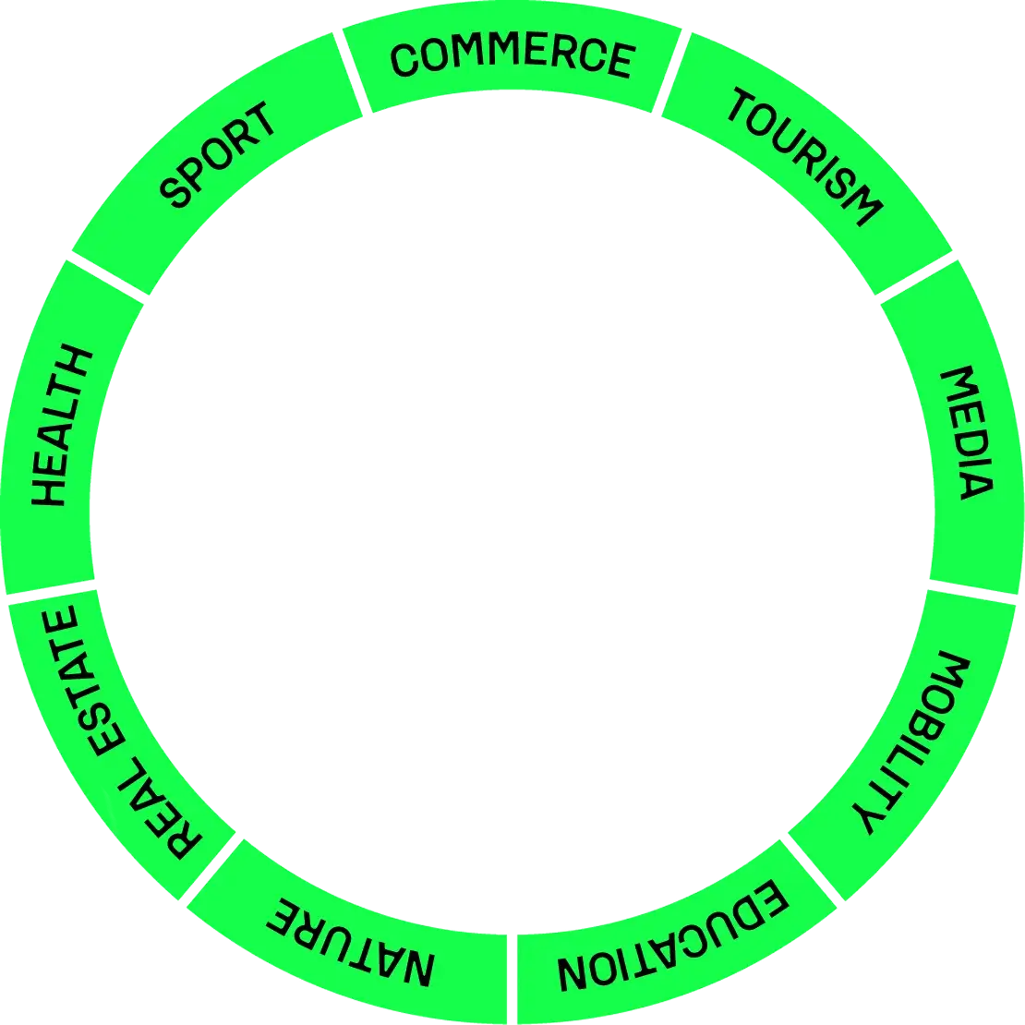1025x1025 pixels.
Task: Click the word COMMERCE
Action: point(512,57)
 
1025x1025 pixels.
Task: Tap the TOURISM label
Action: point(800,158)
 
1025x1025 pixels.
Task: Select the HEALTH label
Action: point(62,427)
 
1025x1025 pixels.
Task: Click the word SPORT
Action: point(218,154)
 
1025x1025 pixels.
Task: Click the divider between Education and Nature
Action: point(511,979)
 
